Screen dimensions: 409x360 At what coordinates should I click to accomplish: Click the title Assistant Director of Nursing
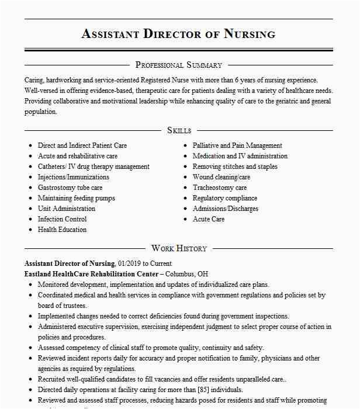178,33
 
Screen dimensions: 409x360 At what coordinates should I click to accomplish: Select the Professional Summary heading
178,65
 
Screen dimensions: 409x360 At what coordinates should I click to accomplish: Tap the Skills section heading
179,130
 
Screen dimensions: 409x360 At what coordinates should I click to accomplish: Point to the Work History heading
179,248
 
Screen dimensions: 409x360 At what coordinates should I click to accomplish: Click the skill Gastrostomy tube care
70,188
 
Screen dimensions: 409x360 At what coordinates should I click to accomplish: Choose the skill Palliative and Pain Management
237,145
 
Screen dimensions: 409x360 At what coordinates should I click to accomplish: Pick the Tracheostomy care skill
220,188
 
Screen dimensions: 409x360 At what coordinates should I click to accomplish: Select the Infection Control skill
63,219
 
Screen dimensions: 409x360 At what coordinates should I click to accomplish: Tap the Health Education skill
63,230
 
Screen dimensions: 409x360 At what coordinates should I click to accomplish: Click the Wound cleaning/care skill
221,177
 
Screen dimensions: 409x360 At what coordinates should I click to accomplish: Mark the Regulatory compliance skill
225,198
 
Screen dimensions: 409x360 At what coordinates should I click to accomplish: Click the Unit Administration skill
67,209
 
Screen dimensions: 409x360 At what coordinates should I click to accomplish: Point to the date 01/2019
130,264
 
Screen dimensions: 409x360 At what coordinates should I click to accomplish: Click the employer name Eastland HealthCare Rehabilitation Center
91,274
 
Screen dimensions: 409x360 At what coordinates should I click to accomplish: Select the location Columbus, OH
187,274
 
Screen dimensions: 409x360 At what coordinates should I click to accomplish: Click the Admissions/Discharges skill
226,209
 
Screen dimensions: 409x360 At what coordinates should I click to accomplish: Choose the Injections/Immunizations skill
74,177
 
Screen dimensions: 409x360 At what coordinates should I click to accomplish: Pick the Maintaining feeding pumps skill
77,198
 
